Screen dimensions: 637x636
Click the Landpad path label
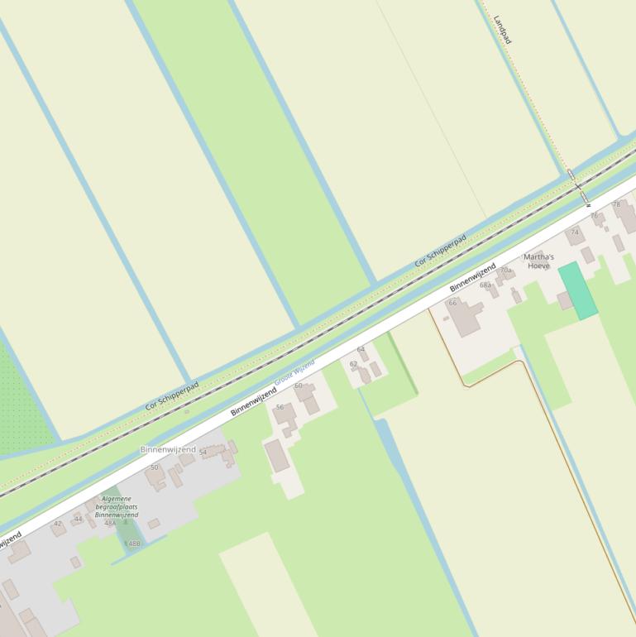(502, 30)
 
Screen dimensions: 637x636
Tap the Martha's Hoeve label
(538, 261)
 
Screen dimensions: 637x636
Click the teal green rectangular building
(577, 290)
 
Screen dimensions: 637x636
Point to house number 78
(616, 204)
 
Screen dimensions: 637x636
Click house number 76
(594, 216)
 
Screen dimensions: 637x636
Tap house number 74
(575, 232)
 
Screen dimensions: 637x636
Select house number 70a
(505, 271)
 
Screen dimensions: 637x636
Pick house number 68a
(485, 285)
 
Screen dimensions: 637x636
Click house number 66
(452, 303)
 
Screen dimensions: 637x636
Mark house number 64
(361, 350)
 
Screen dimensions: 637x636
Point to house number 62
(353, 364)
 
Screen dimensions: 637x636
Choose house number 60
(299, 386)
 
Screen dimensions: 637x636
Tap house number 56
(280, 407)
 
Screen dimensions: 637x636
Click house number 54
(203, 453)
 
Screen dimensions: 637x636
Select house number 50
(154, 467)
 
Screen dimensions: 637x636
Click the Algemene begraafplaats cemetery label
(116, 507)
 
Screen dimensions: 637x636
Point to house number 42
(57, 524)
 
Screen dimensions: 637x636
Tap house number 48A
(110, 523)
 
